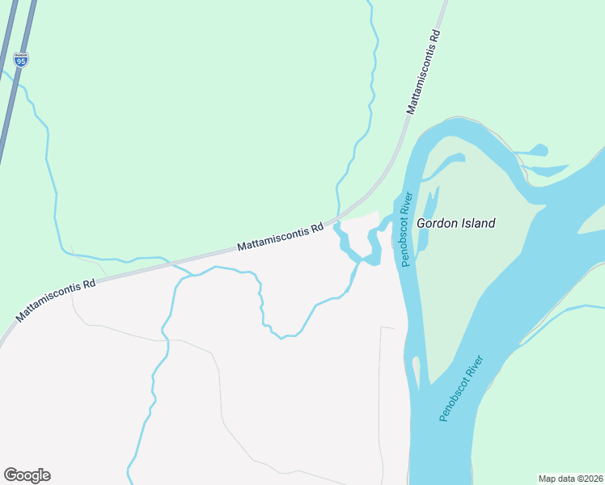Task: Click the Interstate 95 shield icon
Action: pos(20,60)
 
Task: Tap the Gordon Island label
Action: pos(455,223)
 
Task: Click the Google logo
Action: pos(27,475)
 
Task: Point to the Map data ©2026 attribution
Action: pos(570,478)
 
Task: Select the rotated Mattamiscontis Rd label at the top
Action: pos(424,72)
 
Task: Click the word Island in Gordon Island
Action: pos(478,223)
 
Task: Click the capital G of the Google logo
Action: pos(11,475)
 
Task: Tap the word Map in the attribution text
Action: pos(548,478)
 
